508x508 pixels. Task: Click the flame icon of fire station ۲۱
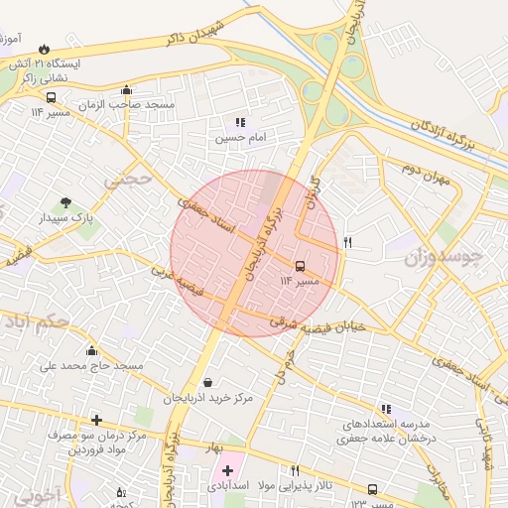(44, 48)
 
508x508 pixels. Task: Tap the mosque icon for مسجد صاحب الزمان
(125, 89)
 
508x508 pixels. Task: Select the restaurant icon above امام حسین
(240, 122)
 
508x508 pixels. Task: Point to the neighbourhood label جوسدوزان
(444, 259)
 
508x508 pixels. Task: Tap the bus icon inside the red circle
(301, 266)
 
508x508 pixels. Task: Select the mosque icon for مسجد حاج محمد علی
(92, 350)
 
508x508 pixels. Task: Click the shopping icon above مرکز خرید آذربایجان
(206, 382)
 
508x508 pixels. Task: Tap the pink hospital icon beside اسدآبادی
(227, 469)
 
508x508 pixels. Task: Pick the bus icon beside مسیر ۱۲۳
(372, 489)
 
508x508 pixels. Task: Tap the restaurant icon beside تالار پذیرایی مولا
(295, 470)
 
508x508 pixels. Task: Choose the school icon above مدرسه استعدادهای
(386, 408)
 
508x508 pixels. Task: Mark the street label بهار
(211, 447)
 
